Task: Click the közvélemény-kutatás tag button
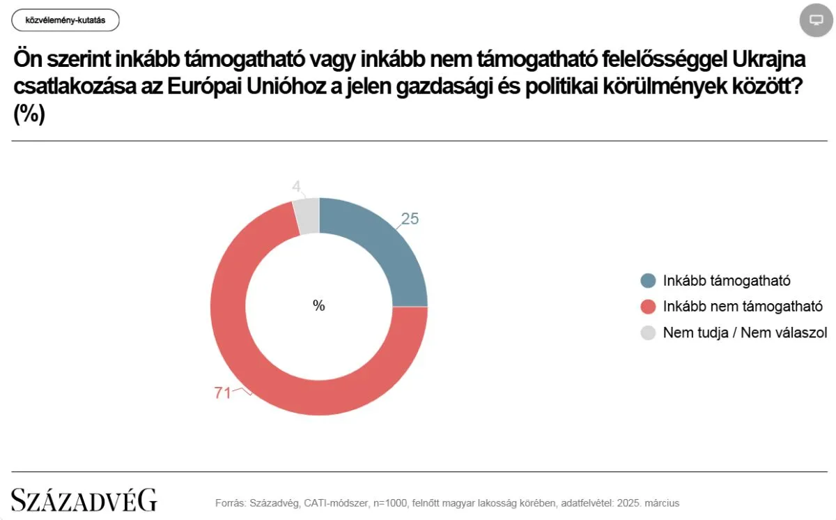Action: click(65, 20)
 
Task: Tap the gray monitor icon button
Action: click(816, 20)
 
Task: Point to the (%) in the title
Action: click(29, 114)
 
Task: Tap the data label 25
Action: click(410, 219)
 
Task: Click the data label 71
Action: click(222, 393)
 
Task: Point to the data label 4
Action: click(296, 187)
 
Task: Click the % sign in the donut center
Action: click(319, 305)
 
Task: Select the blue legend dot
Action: click(648, 281)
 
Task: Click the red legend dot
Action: click(648, 307)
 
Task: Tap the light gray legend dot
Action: click(648, 332)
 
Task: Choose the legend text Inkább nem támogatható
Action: click(743, 307)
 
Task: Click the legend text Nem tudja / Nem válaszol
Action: click(745, 332)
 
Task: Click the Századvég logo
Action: click(84, 500)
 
